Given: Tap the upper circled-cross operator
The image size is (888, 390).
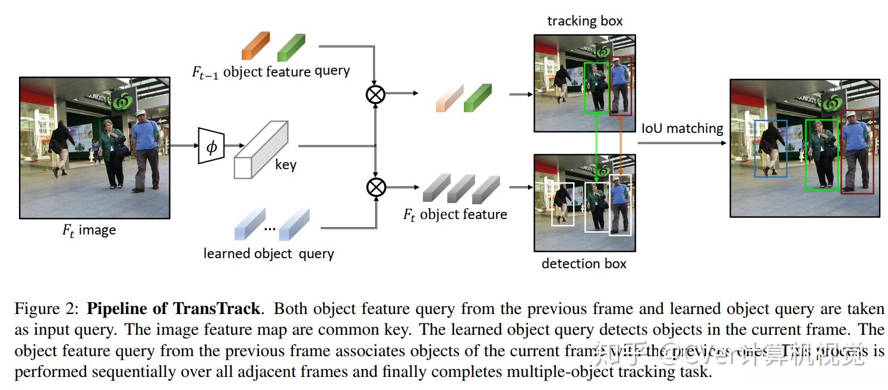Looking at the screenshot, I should pos(375,94).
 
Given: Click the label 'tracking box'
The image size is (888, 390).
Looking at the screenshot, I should pos(584,21).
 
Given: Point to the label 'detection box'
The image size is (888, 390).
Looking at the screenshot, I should pos(584,264).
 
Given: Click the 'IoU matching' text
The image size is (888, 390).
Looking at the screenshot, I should pos(682,128).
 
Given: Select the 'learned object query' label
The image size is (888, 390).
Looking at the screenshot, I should pos(268,253).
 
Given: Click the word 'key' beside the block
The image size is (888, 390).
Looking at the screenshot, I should pos(286,164).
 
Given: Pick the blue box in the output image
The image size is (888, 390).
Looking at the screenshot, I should pos(770,148).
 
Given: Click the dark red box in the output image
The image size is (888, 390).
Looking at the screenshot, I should pos(857,151).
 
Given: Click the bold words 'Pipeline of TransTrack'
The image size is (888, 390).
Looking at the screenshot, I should pos(173,309).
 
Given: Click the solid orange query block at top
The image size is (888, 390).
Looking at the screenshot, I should pos(255,46).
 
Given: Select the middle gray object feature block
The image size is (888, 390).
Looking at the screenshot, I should pos(460,188).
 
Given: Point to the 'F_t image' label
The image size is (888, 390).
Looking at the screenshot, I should pos(89,230).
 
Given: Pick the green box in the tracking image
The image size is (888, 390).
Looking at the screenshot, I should pos(596,87).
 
